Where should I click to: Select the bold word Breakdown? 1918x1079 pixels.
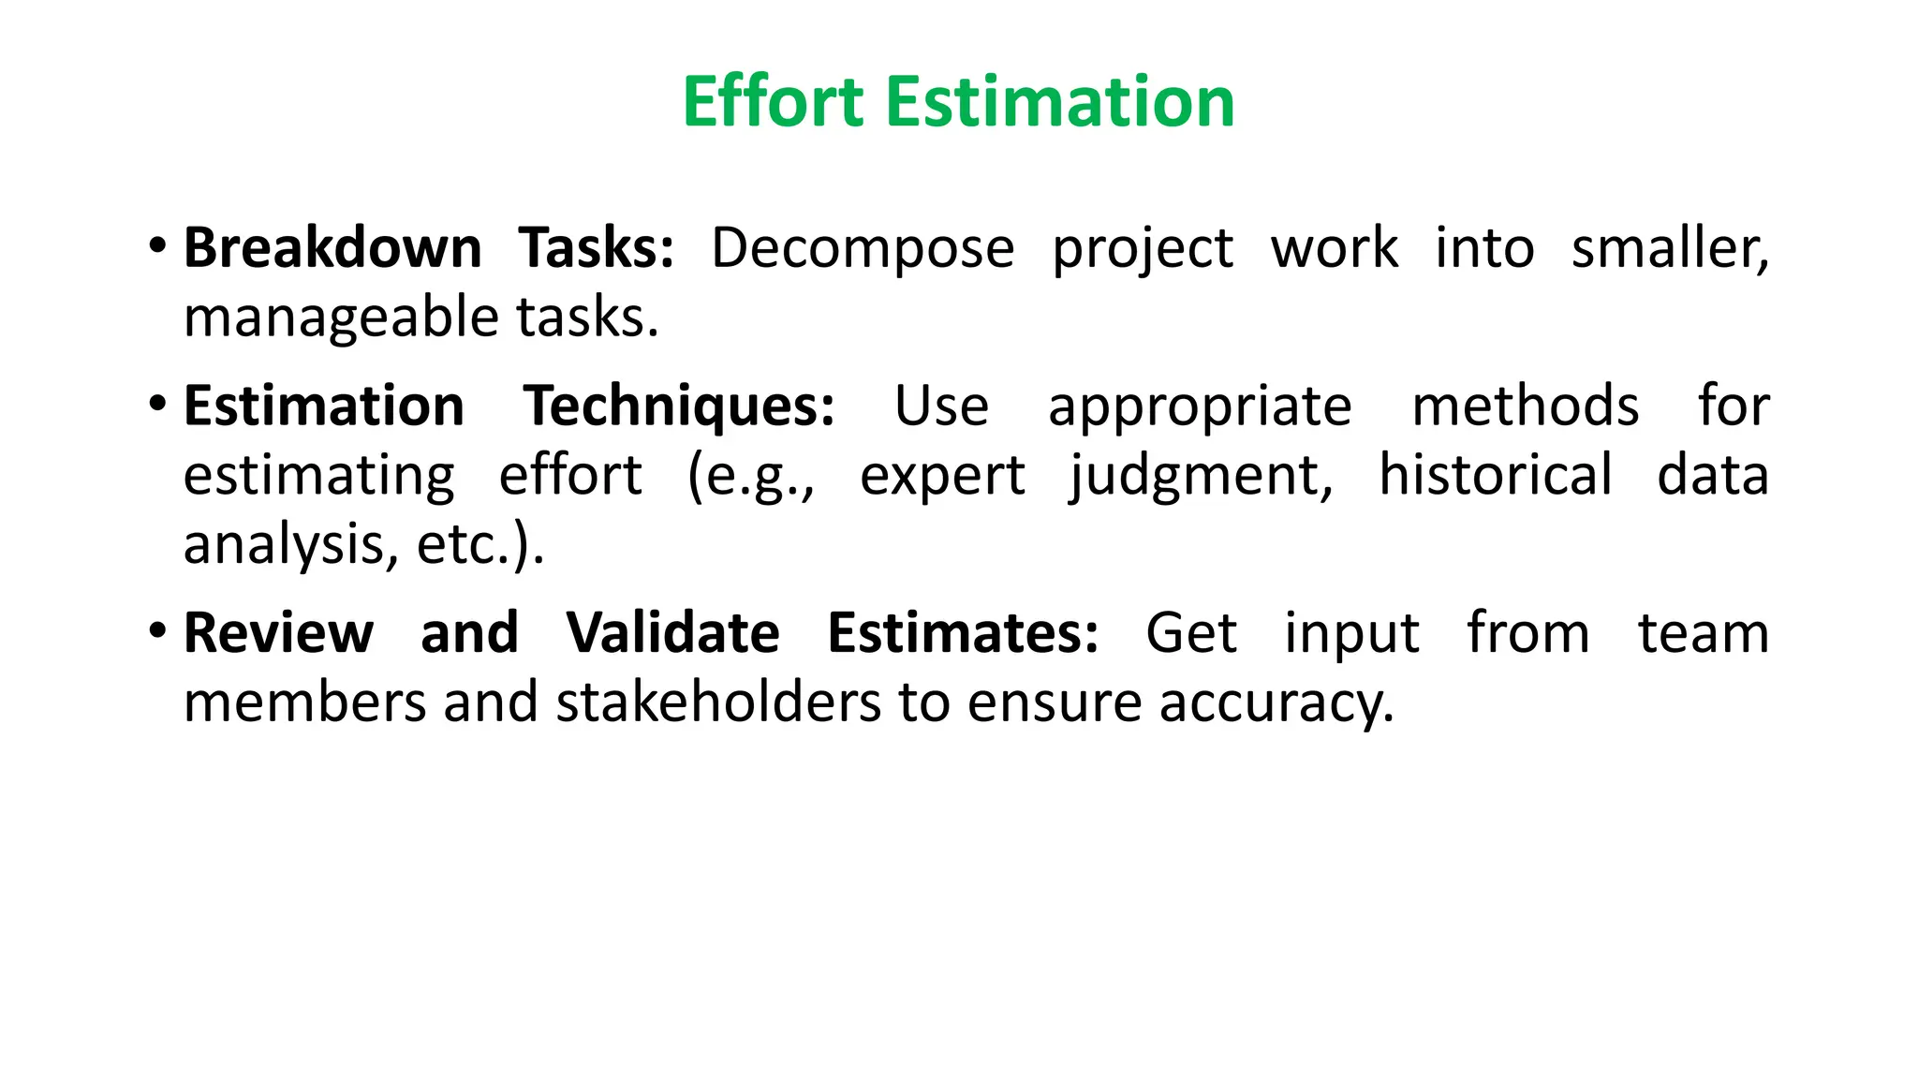(x=332, y=248)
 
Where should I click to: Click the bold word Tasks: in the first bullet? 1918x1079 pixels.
(x=597, y=248)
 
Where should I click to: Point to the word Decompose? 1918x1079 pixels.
(x=863, y=250)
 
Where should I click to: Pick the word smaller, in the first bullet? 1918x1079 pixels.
(x=1670, y=248)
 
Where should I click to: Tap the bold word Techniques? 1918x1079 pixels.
(x=679, y=406)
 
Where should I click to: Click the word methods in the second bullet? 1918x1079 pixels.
(x=1526, y=406)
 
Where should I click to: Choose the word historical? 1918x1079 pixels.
(x=1496, y=475)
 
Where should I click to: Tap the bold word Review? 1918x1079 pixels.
(x=278, y=633)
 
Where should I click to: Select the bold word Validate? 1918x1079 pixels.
(x=672, y=633)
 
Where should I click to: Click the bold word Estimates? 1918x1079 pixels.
(x=963, y=633)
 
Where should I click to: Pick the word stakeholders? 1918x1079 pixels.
(x=718, y=702)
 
